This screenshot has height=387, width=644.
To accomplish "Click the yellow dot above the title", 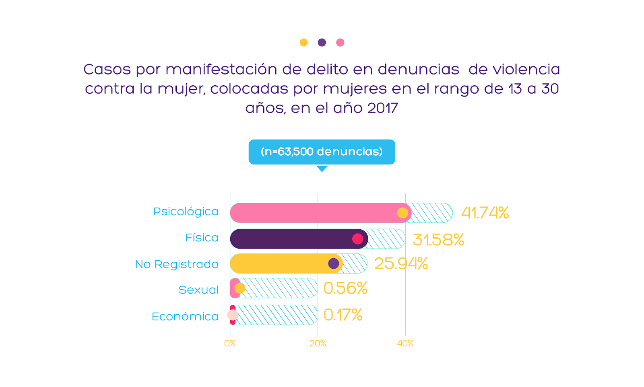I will point(304,43).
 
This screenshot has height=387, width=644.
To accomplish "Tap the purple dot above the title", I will point(322,43).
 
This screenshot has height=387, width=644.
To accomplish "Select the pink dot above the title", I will point(340,43).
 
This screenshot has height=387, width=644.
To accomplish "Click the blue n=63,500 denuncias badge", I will point(322,152).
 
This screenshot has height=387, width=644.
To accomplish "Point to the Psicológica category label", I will point(186,212).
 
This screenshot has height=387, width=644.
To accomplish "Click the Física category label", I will point(202,238).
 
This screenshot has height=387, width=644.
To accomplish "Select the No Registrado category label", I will point(177,264).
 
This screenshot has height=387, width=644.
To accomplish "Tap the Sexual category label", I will point(198,290).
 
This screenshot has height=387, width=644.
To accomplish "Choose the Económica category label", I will point(185,317).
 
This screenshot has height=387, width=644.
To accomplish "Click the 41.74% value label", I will point(485,213).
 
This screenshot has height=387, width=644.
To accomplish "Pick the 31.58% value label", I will point(438,240).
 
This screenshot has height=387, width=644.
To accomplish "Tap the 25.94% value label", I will point(401,264).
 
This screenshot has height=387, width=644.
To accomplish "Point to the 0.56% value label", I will point(345,288).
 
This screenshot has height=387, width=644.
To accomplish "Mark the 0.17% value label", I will point(343,315).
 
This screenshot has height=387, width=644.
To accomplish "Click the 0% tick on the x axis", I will point(230,344).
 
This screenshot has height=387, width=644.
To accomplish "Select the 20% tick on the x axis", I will point(318,344).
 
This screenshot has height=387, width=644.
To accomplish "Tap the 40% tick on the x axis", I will point(405,344).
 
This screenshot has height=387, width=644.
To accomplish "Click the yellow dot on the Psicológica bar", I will point(402,213).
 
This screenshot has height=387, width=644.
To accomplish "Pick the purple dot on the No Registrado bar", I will point(334,263).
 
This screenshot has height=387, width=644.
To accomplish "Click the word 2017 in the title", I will point(383,108).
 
